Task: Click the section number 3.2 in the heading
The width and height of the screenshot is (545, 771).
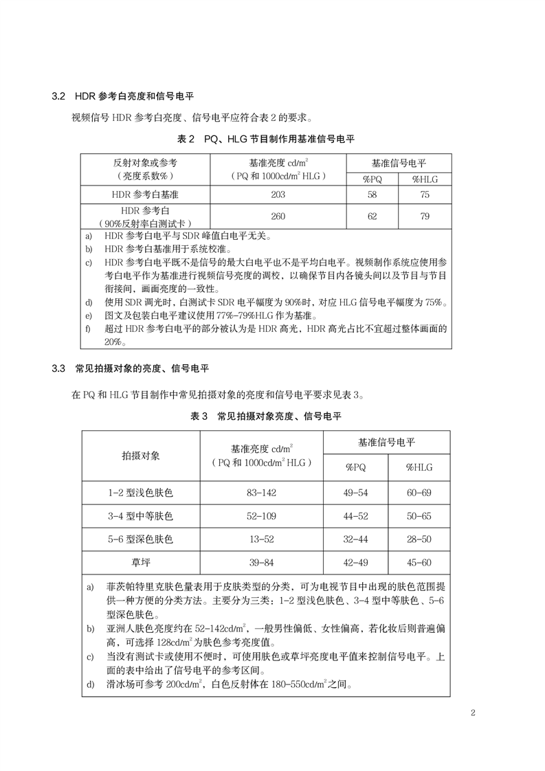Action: (58, 96)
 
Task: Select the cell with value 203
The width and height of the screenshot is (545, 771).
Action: (278, 195)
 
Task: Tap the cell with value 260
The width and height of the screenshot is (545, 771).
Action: (278, 216)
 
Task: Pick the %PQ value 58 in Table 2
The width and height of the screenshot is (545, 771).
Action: (372, 195)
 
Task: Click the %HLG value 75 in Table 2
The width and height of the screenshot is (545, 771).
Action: (425, 195)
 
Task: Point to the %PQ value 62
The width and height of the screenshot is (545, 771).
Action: (372, 216)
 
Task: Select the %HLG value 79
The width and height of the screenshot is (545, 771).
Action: (425, 216)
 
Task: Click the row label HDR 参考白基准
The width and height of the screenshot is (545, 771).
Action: (146, 195)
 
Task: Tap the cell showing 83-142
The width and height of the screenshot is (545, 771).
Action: (262, 492)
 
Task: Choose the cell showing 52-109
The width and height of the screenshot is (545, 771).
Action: (262, 515)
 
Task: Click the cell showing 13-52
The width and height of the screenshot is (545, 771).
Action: (262, 539)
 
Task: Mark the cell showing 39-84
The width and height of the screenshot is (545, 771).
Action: (262, 563)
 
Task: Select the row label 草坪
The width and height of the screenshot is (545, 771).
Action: (141, 563)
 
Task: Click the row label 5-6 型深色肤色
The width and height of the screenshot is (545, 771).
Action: (141, 539)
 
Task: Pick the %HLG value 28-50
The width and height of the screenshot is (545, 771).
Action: (419, 539)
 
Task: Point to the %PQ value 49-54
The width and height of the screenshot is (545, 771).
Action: (355, 492)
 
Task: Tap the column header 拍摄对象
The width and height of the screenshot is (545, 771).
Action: (141, 456)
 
